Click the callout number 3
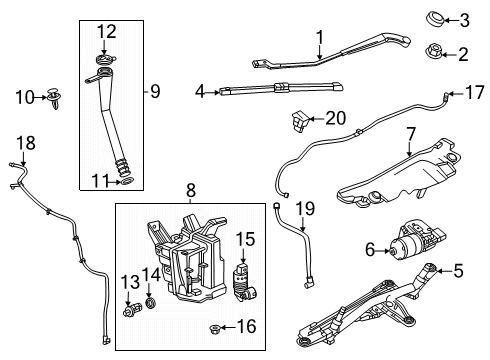[x=464, y=20]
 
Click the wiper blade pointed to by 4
[x=281, y=88]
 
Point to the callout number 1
[x=320, y=37]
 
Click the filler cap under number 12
[x=105, y=60]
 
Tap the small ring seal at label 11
[x=126, y=182]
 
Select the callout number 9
[x=155, y=91]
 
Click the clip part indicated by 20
[x=300, y=121]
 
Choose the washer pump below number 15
[x=244, y=282]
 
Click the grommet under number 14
[x=151, y=303]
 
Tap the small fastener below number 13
[x=132, y=310]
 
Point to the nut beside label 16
[x=214, y=329]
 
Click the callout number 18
[x=26, y=143]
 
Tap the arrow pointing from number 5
[x=443, y=271]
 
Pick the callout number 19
[x=305, y=209]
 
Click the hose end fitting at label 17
[x=446, y=95]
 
